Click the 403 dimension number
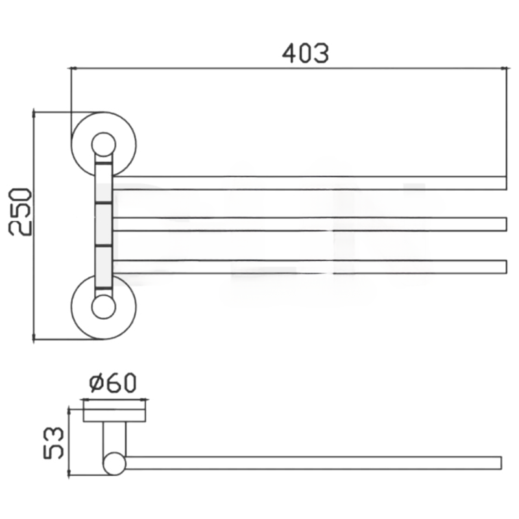click(305, 53)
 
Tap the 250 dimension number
click(20, 212)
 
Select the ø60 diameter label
click(112, 383)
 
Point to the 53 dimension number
click(53, 443)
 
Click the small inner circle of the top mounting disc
click(104, 145)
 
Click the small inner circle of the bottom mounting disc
click(104, 307)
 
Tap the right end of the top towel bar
click(506, 183)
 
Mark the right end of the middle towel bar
click(506, 224)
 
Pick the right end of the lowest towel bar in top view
click(506, 267)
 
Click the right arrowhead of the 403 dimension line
click(505, 69)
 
